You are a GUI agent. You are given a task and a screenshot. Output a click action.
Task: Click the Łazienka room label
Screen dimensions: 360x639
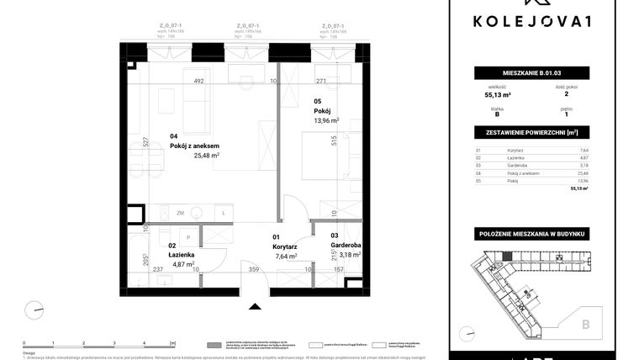[181, 254]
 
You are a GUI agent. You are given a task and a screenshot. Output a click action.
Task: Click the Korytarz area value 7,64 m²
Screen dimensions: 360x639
[286, 256]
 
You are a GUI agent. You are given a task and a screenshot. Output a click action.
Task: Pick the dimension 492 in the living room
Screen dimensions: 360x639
[199, 82]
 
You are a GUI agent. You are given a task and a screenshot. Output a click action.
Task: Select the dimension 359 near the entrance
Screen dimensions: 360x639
[255, 270]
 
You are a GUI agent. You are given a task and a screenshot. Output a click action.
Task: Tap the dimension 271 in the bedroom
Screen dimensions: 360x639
[320, 82]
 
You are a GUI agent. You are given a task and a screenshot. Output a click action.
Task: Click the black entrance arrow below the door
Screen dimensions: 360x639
[255, 306]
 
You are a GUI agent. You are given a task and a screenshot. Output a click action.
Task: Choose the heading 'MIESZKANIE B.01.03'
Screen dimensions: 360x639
[531, 73]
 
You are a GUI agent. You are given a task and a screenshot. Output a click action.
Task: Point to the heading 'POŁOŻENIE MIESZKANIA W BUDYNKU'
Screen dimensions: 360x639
[531, 232]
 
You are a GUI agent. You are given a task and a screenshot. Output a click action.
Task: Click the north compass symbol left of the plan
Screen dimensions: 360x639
[34, 310]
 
